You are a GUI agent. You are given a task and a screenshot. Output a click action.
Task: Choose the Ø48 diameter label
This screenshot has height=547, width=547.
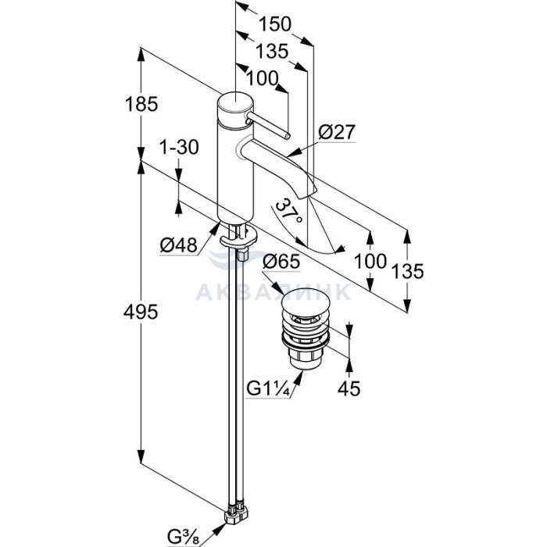[178, 245]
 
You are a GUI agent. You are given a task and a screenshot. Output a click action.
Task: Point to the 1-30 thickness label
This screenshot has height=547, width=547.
[179, 147]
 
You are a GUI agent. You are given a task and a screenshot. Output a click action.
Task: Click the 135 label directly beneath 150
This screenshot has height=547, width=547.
[273, 51]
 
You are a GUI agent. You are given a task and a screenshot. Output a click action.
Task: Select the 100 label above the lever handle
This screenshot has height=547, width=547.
[263, 78]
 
